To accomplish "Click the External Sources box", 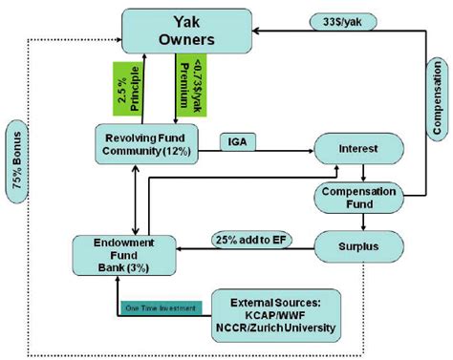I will click(276, 312).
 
